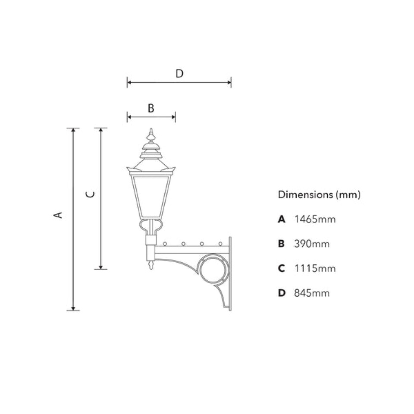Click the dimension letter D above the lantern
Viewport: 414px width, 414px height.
pos(179,74)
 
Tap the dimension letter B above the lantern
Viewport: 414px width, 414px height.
pos(151,108)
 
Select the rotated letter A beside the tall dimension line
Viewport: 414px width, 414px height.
pos(60,214)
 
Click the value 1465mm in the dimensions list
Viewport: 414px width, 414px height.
pos(314,220)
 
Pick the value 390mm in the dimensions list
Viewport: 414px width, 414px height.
pos(311,244)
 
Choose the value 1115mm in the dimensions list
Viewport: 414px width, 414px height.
pos(314,269)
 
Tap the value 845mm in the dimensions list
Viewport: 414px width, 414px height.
pos(311,293)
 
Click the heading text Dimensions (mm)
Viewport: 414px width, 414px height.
pos(319,194)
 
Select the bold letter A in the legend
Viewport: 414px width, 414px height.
pos(282,220)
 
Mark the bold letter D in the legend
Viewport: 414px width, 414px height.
pos(282,293)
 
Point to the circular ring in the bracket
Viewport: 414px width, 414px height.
pos(213,270)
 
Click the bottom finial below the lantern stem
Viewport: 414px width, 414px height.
pos(151,265)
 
